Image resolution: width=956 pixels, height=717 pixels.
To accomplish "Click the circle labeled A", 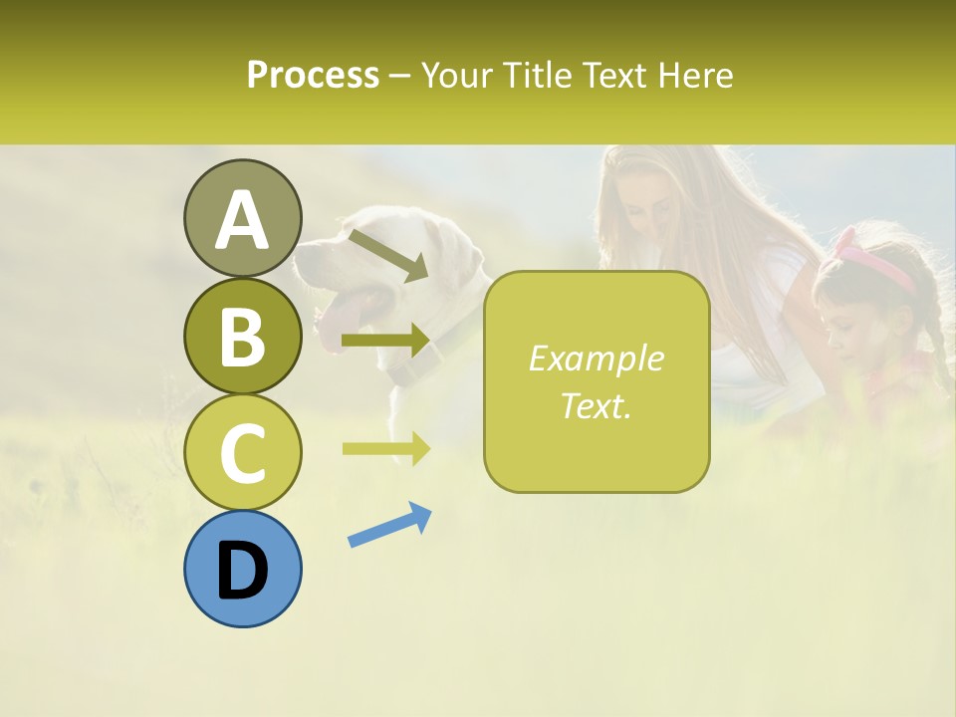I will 242,218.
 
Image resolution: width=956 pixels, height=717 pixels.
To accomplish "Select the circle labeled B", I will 242,336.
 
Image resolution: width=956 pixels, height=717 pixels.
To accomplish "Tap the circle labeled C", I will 242,452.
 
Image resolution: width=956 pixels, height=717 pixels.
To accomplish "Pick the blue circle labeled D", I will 242,569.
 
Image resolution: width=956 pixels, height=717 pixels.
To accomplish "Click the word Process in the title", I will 313,75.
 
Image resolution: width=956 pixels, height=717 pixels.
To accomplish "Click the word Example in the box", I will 596,358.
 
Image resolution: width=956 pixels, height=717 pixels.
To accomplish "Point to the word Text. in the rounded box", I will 596,405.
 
